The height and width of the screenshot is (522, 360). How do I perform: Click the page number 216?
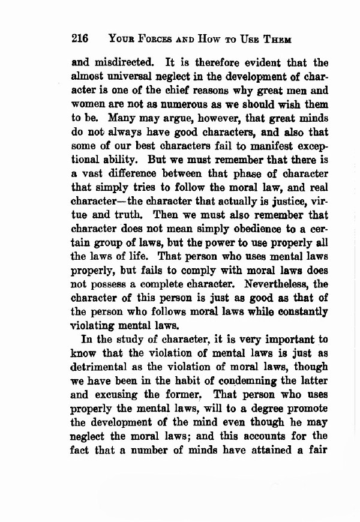click(x=80, y=39)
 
